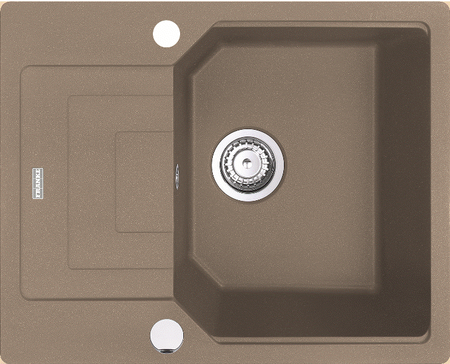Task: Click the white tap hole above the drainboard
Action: pyautogui.click(x=166, y=34)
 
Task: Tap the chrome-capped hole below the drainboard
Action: pyautogui.click(x=167, y=336)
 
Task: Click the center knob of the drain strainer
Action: pyautogui.click(x=247, y=163)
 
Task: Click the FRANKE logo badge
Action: pyautogui.click(x=38, y=183)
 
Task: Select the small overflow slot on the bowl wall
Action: pyautogui.click(x=177, y=177)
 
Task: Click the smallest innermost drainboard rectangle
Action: pyautogui.click(x=144, y=182)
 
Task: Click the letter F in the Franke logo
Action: pyautogui.click(x=38, y=195)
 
